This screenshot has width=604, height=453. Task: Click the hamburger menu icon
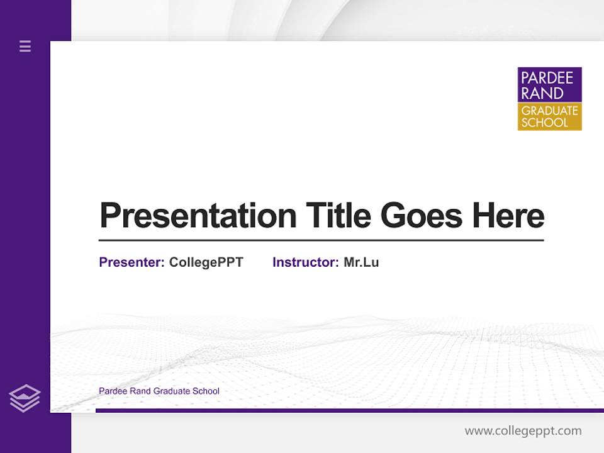(x=25, y=46)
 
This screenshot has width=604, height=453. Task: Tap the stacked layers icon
(x=25, y=398)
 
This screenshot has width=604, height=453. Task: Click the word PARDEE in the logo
(x=546, y=78)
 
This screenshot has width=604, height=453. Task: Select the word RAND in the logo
(x=542, y=93)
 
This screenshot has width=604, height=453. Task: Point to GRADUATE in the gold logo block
(x=549, y=111)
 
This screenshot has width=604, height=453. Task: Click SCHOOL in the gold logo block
(x=544, y=123)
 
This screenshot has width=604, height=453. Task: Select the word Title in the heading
(x=338, y=216)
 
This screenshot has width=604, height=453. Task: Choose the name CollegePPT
(x=206, y=262)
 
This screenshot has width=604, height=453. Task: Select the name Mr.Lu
(x=361, y=262)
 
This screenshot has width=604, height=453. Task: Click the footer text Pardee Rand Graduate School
(x=159, y=391)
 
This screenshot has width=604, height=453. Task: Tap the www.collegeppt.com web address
(x=523, y=431)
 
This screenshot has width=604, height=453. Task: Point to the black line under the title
(x=321, y=240)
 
